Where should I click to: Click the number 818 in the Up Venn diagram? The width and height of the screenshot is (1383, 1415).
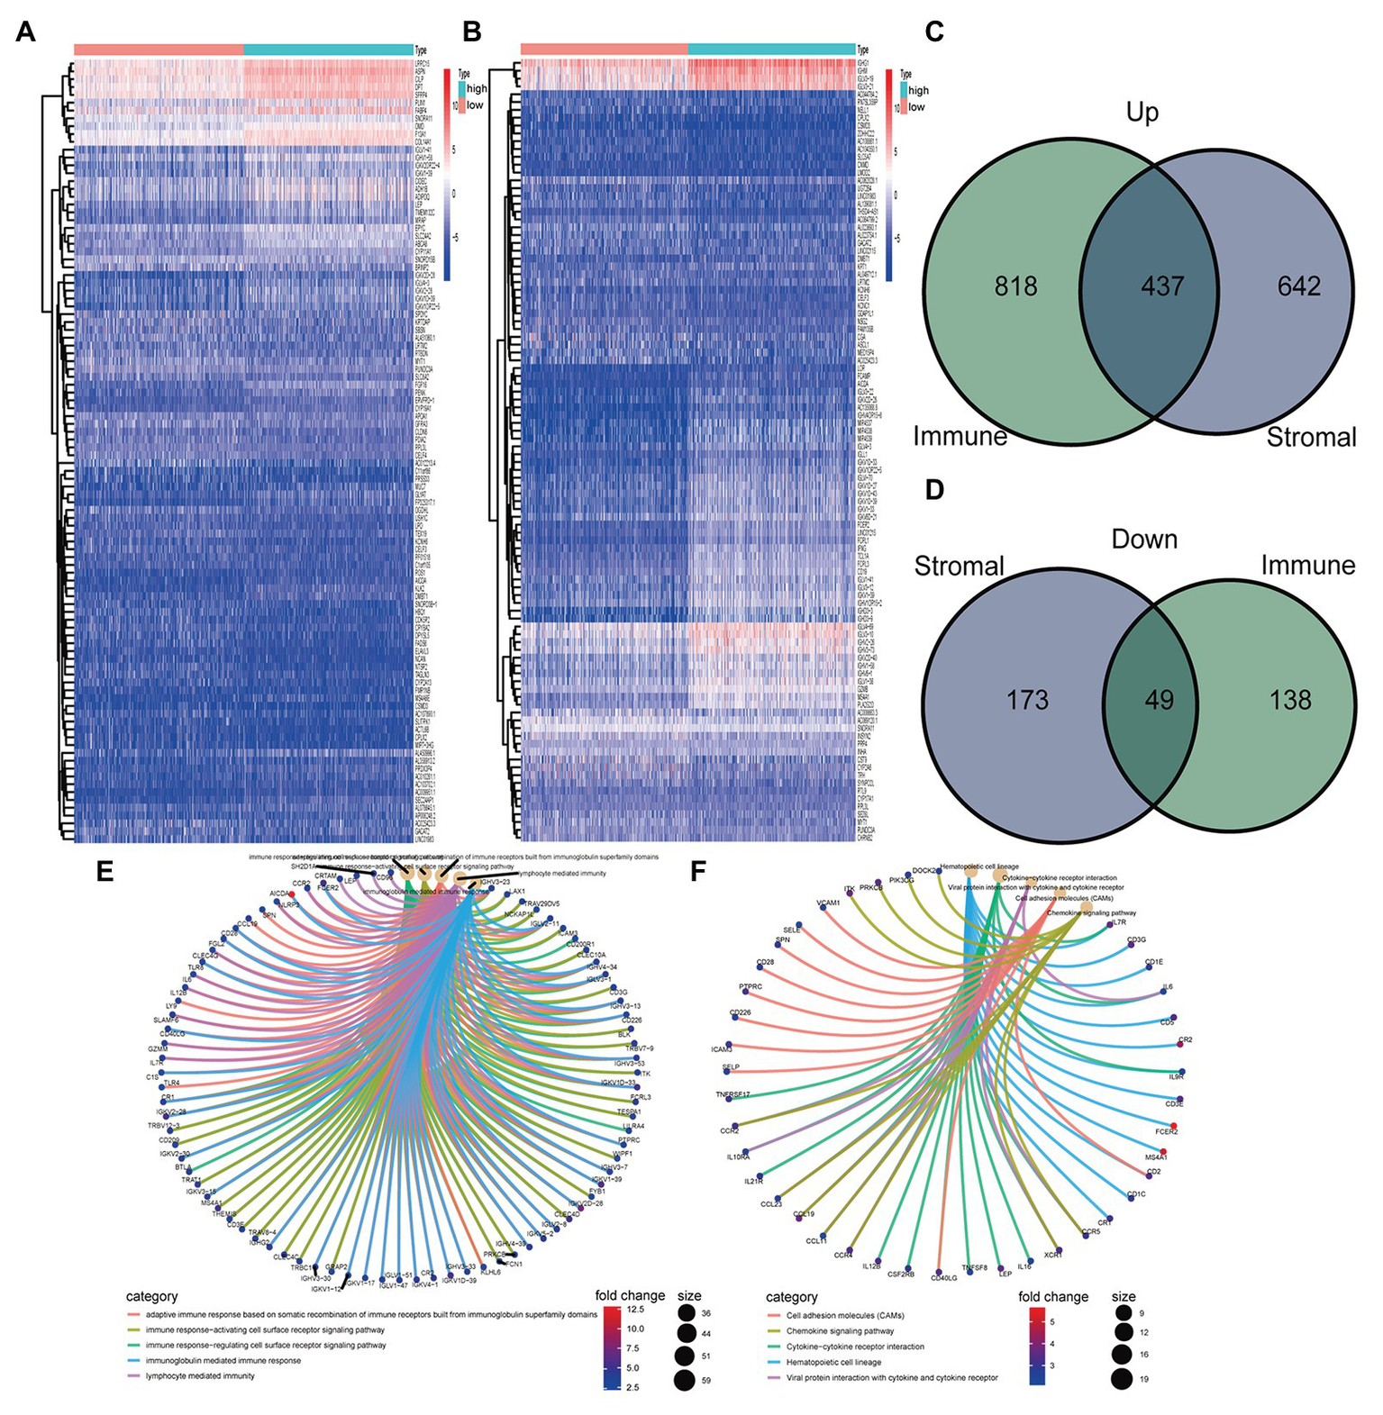point(1015,286)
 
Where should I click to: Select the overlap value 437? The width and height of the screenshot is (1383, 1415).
point(1162,286)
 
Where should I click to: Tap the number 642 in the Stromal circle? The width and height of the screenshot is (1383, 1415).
point(1298,286)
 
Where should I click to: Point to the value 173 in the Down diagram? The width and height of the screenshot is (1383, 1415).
point(1027,700)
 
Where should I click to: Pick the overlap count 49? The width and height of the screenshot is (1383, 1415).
point(1159,700)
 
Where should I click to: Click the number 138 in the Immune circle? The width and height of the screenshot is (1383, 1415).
point(1290,700)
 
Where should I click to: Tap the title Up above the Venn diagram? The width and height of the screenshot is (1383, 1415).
point(1142,113)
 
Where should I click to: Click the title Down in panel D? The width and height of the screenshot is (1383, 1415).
point(1144,540)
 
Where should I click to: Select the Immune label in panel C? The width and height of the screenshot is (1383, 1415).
point(960,437)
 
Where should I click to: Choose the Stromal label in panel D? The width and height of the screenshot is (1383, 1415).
point(959,567)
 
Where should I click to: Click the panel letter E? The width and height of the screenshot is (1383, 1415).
point(105,871)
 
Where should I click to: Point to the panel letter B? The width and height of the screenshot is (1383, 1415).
point(472,32)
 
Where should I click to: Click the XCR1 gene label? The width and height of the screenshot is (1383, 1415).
point(1052,1254)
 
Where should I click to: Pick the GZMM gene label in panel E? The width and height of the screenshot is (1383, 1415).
point(157,1048)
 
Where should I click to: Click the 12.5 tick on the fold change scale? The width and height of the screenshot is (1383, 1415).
point(634,1309)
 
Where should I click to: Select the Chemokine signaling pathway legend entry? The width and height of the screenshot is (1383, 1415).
point(840,1330)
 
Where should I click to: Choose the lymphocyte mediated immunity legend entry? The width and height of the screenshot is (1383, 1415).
point(200,1375)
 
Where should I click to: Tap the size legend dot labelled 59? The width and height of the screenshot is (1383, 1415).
point(685,1379)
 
